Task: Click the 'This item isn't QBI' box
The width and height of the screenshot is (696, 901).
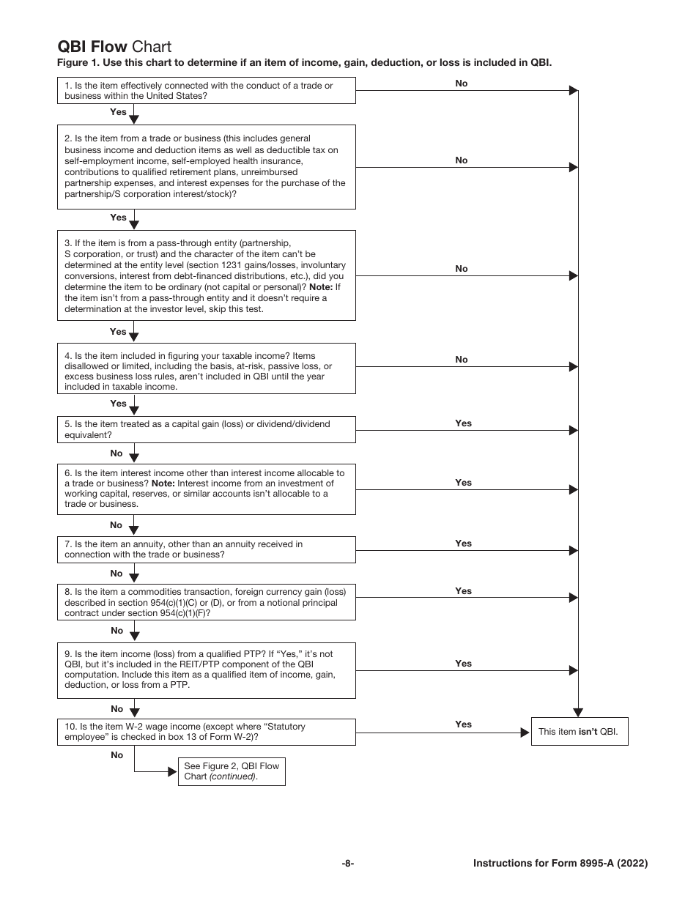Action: (580, 731)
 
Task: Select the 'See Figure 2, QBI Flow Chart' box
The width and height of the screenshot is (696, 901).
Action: (232, 771)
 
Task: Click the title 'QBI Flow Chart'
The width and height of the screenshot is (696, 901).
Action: (114, 48)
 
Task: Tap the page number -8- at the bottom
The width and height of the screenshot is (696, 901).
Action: (348, 863)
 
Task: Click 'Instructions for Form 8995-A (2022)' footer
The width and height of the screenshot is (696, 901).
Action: (560, 863)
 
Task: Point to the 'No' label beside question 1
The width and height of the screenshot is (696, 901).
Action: (461, 84)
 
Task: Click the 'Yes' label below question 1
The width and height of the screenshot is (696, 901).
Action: (118, 112)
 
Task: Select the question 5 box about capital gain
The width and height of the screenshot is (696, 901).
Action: (206, 429)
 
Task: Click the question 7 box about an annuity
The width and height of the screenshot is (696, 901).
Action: (206, 549)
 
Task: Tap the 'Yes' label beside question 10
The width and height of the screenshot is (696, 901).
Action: (463, 724)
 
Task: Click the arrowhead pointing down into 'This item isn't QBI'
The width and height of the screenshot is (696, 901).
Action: (578, 711)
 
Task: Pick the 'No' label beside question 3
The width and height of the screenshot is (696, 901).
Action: (461, 269)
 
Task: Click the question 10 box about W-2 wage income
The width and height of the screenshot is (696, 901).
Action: (206, 732)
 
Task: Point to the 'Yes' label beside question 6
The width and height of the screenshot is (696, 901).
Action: (463, 483)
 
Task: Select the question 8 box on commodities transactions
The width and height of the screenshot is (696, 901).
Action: (206, 602)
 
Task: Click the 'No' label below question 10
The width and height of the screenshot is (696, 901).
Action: (116, 754)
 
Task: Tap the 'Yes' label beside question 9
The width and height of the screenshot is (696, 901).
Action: (463, 664)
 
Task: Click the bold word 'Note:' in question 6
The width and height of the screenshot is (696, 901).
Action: (163, 483)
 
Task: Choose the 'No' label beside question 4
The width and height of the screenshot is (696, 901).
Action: (461, 360)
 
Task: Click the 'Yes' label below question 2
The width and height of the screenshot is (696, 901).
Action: (118, 218)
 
